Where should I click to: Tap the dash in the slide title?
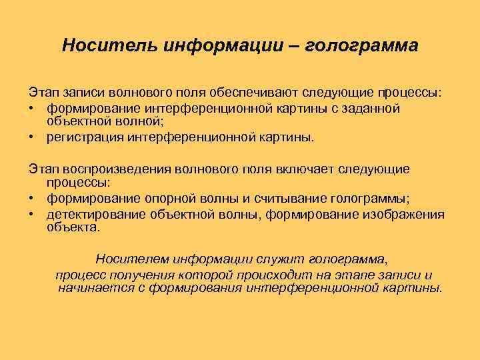coord(294,46)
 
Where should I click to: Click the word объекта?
coord(74,227)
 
